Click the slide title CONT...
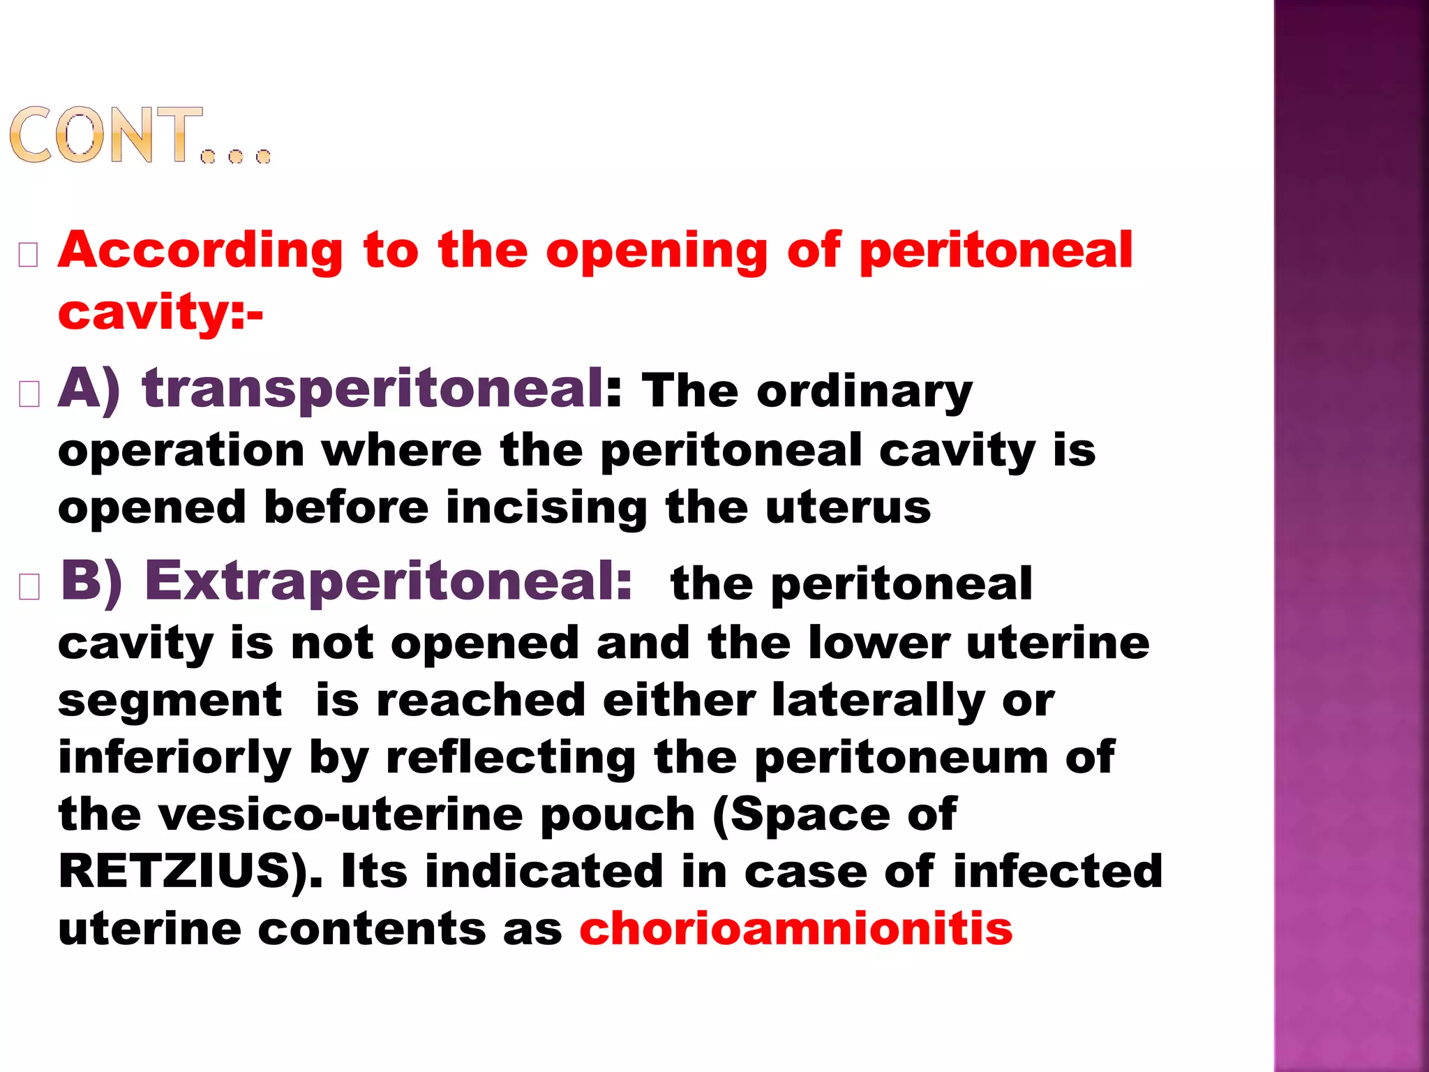coord(140,136)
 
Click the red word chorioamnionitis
coord(795,929)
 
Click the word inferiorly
coord(174,758)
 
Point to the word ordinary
coord(865,391)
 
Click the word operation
coord(181,452)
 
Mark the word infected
coord(1058,872)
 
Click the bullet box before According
coord(29,255)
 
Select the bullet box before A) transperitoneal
coord(29,394)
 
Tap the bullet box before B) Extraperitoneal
coord(29,588)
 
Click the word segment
coord(170,702)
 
